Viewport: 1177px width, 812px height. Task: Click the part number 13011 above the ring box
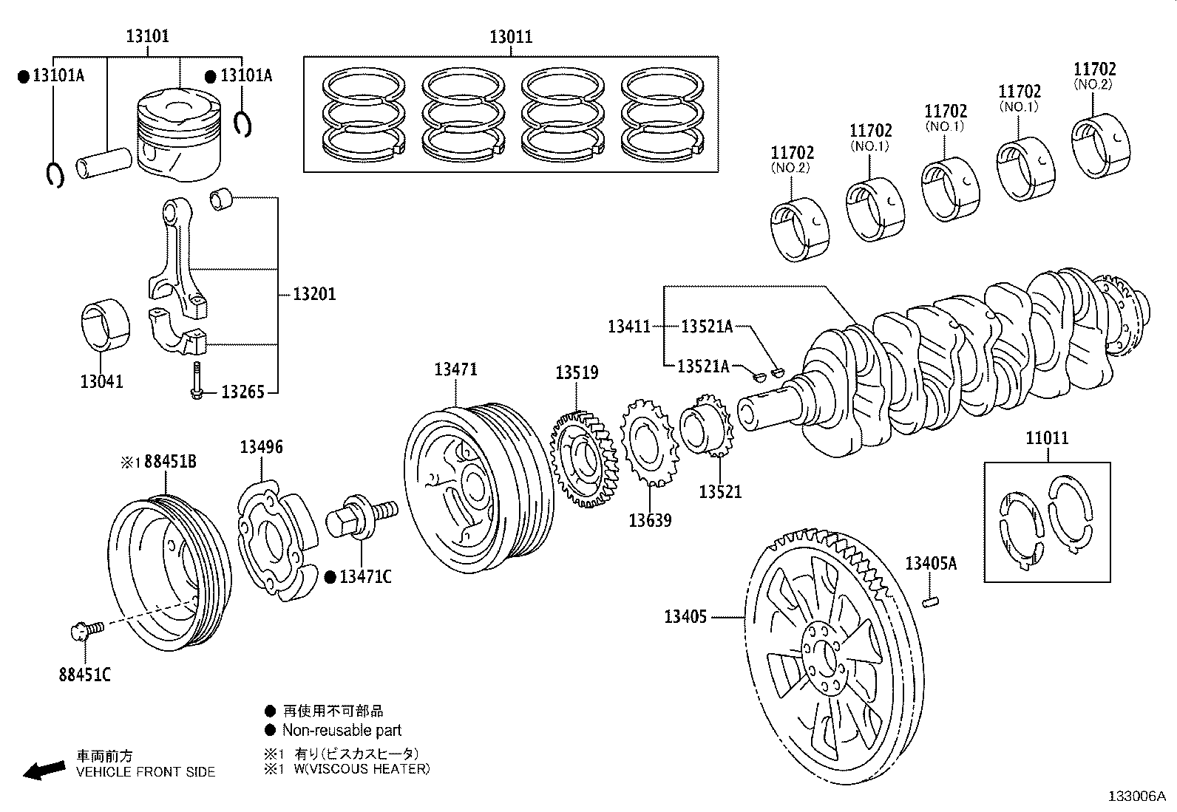click(510, 37)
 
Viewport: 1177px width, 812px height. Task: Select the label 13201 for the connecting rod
click(314, 294)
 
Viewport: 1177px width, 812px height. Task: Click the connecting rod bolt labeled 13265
click(197, 381)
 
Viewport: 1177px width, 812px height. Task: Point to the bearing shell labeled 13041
click(104, 326)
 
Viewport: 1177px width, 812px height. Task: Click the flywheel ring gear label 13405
click(685, 616)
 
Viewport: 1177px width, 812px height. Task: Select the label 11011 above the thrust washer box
click(1046, 438)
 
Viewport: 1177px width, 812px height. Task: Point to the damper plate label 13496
click(261, 447)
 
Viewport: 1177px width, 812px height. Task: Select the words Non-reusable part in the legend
click(342, 731)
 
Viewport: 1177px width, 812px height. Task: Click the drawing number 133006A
click(1136, 796)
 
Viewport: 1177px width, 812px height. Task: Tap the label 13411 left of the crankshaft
click(629, 326)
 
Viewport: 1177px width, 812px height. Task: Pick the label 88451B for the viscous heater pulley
click(170, 463)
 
